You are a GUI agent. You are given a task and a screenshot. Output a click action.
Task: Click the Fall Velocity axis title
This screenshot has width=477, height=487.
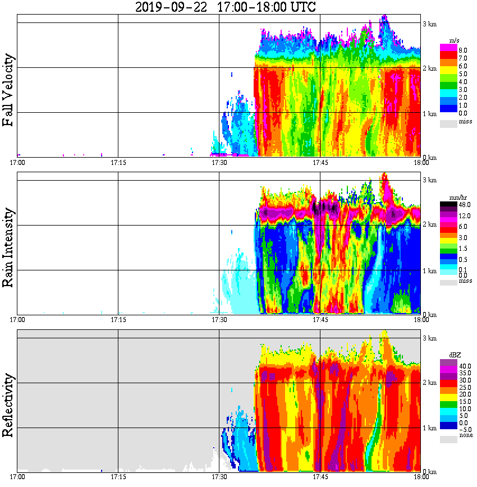8,90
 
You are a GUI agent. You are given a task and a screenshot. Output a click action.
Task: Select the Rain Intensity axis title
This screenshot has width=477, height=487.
8,247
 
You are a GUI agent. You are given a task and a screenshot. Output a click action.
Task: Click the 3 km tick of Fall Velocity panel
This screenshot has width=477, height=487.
429,24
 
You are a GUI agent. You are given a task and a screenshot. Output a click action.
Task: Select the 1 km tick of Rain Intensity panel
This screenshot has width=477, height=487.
429,271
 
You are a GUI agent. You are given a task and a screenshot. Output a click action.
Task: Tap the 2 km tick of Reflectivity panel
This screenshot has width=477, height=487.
429,383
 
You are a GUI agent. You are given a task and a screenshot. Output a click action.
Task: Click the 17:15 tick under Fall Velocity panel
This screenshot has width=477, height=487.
118,163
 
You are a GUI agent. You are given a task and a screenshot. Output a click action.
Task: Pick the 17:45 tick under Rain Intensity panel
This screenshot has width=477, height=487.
320,320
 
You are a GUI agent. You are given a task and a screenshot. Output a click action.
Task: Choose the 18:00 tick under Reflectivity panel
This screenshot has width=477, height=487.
421,477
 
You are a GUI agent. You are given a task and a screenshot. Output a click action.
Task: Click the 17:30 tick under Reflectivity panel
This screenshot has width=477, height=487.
219,477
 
